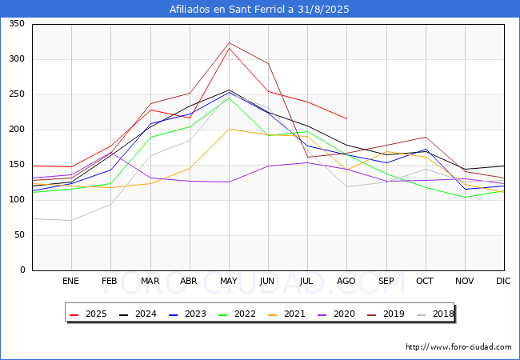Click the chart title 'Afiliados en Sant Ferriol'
coord(259,10)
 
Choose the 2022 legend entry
coord(239,313)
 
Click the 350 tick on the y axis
coord(16,24)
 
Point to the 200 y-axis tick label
coord(16,130)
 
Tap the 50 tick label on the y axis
coord(18,235)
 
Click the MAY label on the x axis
coord(229,282)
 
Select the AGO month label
coord(346,282)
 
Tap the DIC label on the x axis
coord(503,282)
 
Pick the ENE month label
coord(71,282)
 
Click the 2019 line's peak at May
coord(229,43)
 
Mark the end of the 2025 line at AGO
coord(346,118)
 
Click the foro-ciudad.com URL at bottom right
coord(458,347)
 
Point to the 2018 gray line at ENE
coord(71,220)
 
